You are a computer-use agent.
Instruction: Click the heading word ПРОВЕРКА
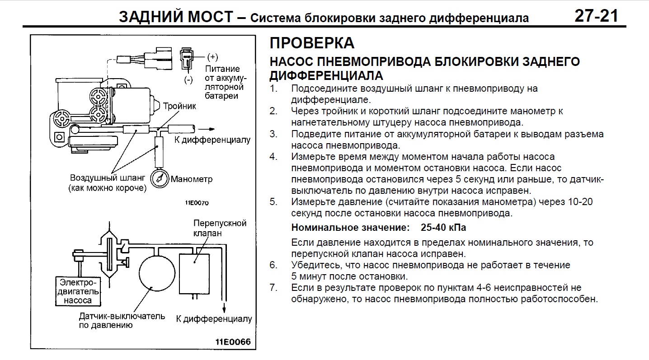point(312,43)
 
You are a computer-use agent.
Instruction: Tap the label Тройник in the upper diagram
point(179,106)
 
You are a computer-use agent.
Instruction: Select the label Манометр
point(192,179)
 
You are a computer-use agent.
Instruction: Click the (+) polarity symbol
point(212,57)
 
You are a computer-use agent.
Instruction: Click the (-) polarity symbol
point(188,79)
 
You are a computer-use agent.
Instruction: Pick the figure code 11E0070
point(197,203)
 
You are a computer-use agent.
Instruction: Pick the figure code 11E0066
point(232,341)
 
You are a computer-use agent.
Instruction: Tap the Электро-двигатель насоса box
point(78,291)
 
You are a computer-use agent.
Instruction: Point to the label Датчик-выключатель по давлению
point(122,320)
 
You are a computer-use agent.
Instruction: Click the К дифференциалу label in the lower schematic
point(214,319)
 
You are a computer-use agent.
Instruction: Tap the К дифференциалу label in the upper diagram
point(212,140)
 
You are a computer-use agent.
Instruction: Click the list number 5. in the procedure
point(273,202)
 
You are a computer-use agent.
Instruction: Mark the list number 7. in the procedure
point(273,287)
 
